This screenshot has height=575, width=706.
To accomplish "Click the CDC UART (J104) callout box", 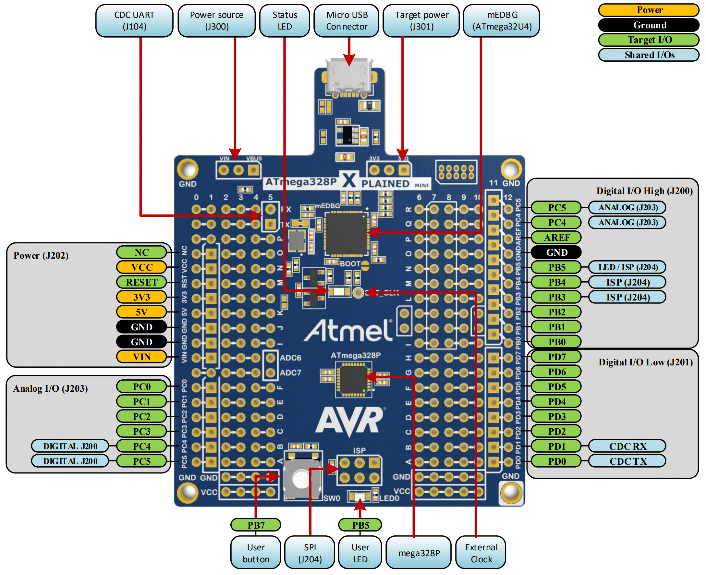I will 134,20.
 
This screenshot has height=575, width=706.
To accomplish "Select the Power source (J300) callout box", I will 216,20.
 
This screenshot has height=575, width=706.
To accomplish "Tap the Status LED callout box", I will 285,20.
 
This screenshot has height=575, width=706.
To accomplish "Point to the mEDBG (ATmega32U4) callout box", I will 501,20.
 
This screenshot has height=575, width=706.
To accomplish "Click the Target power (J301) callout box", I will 421,20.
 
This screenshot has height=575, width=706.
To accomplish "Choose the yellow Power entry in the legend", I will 649,10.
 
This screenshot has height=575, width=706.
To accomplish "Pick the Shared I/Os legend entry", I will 649,55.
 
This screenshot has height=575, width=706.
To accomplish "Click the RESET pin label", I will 141,282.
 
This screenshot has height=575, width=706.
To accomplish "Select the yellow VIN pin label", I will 141,357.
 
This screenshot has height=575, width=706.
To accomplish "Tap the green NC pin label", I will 141,252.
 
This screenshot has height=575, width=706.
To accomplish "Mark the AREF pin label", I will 556,237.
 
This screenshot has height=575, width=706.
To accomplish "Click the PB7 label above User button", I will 256,525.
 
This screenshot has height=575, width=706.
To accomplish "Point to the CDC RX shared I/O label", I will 627,446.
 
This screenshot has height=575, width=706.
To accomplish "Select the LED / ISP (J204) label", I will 627,267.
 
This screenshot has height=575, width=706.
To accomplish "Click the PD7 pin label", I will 556,357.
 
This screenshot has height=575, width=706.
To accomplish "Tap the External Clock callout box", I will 481,553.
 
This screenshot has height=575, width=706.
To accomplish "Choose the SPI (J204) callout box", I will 310,553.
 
